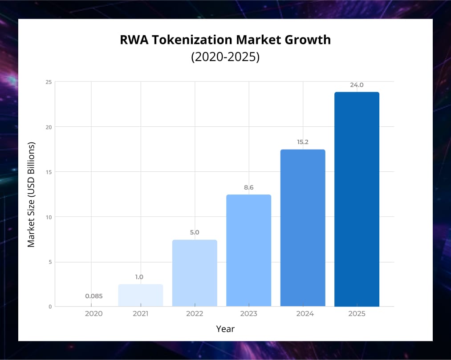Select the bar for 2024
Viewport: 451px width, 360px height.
point(303,228)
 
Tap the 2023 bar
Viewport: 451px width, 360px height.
point(248,251)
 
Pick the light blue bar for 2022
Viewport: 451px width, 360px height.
point(195,273)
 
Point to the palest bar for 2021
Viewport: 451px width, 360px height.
point(141,295)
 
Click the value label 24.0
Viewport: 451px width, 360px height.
point(357,85)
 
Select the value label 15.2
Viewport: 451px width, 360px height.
point(303,142)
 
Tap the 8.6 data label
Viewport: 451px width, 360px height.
point(248,187)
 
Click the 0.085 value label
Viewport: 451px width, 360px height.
point(93,295)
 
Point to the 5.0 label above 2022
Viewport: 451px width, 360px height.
point(195,232)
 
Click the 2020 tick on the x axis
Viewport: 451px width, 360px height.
point(93,314)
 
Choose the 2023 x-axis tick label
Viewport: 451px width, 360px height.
point(248,314)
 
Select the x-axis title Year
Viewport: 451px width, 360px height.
point(225,329)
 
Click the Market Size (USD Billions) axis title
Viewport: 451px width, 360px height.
point(31,194)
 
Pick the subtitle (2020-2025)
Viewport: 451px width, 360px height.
point(225,57)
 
